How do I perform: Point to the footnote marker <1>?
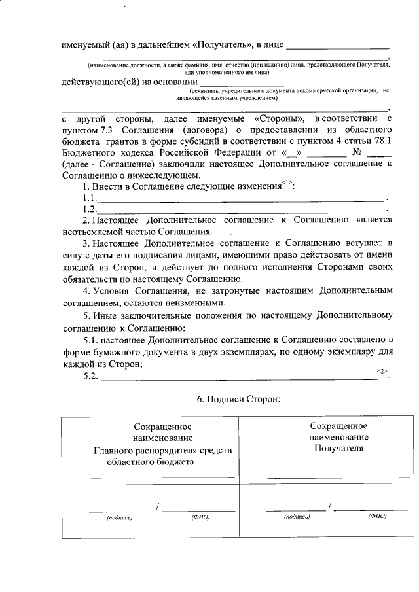coord(288,183)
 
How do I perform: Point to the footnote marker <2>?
coord(382,371)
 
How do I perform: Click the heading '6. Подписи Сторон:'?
coord(238,399)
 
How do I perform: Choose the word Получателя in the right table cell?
coord(338,449)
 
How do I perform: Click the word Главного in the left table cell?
coord(113,451)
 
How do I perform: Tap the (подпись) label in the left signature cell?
coord(119,517)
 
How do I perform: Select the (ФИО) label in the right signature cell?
coord(378,516)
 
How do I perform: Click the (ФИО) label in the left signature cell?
coord(200,517)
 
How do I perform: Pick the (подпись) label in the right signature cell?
coord(297,517)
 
